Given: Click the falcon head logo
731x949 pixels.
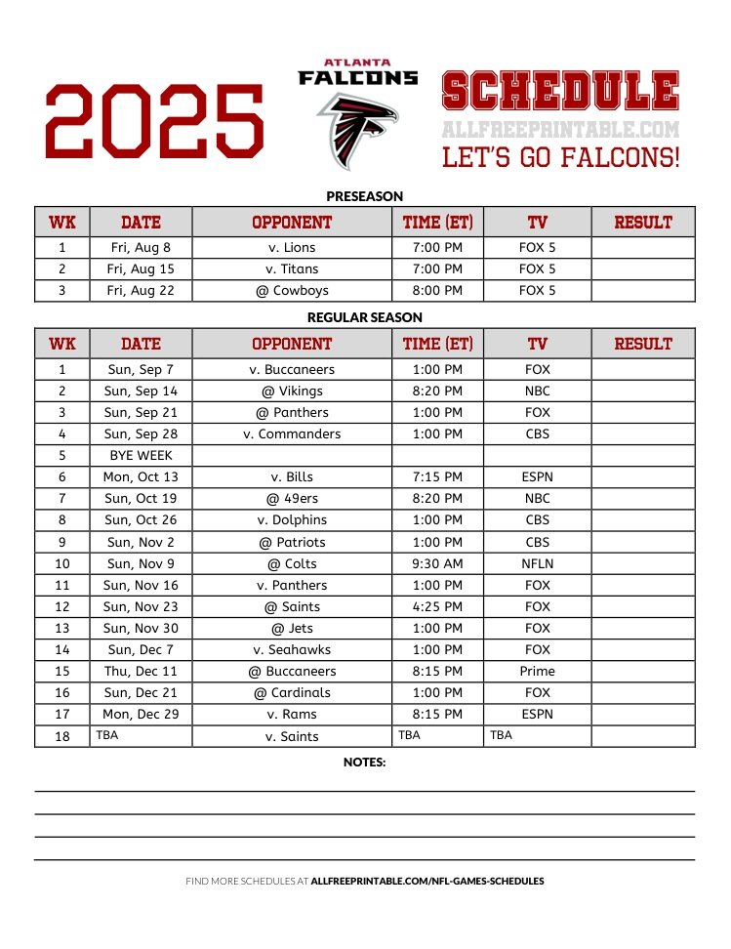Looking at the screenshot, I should coord(357,129).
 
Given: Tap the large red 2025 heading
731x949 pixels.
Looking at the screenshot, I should coord(154,120).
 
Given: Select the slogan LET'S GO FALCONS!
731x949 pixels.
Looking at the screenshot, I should coord(560,157).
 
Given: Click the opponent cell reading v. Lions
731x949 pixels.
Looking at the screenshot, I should coord(292,247).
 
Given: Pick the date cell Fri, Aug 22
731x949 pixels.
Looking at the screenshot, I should coord(140,290).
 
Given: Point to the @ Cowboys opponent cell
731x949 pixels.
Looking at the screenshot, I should coord(292,290).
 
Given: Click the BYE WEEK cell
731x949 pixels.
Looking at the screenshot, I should coord(140,455).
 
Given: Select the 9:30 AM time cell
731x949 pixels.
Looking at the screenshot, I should coord(437,563).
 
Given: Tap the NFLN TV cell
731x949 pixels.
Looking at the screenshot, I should coord(537,563).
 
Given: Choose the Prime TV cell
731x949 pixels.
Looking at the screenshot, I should coord(537,671).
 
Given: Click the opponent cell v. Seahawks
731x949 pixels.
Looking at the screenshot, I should coord(292,649).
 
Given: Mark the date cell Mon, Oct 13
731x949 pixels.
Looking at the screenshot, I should coord(140,476).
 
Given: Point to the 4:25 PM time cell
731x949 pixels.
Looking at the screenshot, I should coord(437,606).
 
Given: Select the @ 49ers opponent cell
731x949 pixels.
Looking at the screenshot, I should coord(292,498).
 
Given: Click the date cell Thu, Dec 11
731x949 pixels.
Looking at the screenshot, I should coord(140,671).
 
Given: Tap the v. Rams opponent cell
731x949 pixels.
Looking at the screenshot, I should coord(292,714).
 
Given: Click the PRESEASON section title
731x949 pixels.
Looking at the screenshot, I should coord(364,195).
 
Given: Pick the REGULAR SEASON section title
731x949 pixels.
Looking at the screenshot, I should coord(364,317).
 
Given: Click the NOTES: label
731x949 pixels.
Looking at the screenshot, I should coord(364,762).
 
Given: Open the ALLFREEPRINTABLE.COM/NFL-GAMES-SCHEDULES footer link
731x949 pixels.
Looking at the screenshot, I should coord(427,881).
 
